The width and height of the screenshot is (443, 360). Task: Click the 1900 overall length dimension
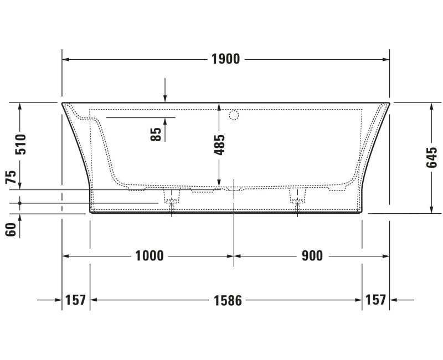pyautogui.click(x=225, y=59)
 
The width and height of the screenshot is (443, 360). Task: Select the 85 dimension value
pyautogui.click(x=156, y=133)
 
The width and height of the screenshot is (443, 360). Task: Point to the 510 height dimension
pyautogui.click(x=20, y=144)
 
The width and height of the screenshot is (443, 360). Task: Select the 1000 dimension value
pyautogui.click(x=150, y=256)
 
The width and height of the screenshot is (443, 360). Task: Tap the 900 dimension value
pyautogui.click(x=312, y=256)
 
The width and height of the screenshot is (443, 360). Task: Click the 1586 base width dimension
pyautogui.click(x=228, y=300)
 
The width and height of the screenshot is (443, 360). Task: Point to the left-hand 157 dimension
pyautogui.click(x=75, y=300)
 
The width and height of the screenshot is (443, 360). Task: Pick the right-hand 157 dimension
pyautogui.click(x=375, y=300)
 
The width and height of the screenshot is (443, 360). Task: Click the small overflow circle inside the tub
pyautogui.click(x=234, y=115)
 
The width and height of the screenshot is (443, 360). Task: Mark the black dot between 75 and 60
pyautogui.click(x=20, y=203)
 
